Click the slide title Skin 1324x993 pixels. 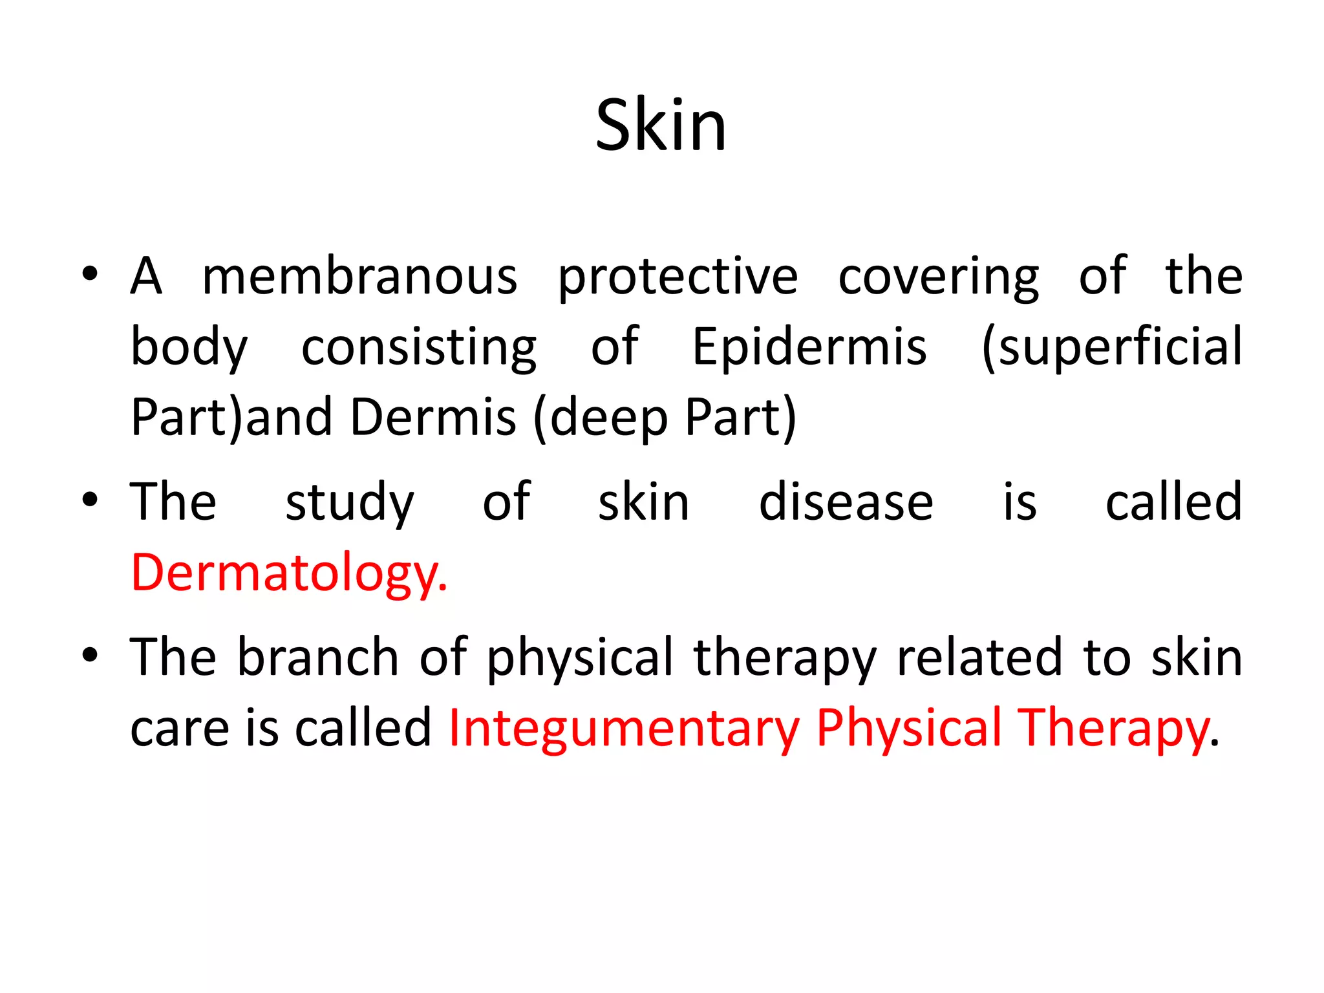click(661, 125)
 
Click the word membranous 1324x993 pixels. click(359, 277)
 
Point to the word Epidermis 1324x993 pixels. click(809, 348)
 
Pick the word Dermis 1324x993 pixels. click(433, 418)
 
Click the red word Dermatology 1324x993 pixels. click(288, 573)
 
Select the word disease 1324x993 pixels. click(846, 503)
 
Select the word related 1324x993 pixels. click(979, 658)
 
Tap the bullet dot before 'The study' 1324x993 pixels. click(90, 499)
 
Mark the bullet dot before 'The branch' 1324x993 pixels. click(90, 654)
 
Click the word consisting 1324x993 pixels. click(419, 348)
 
